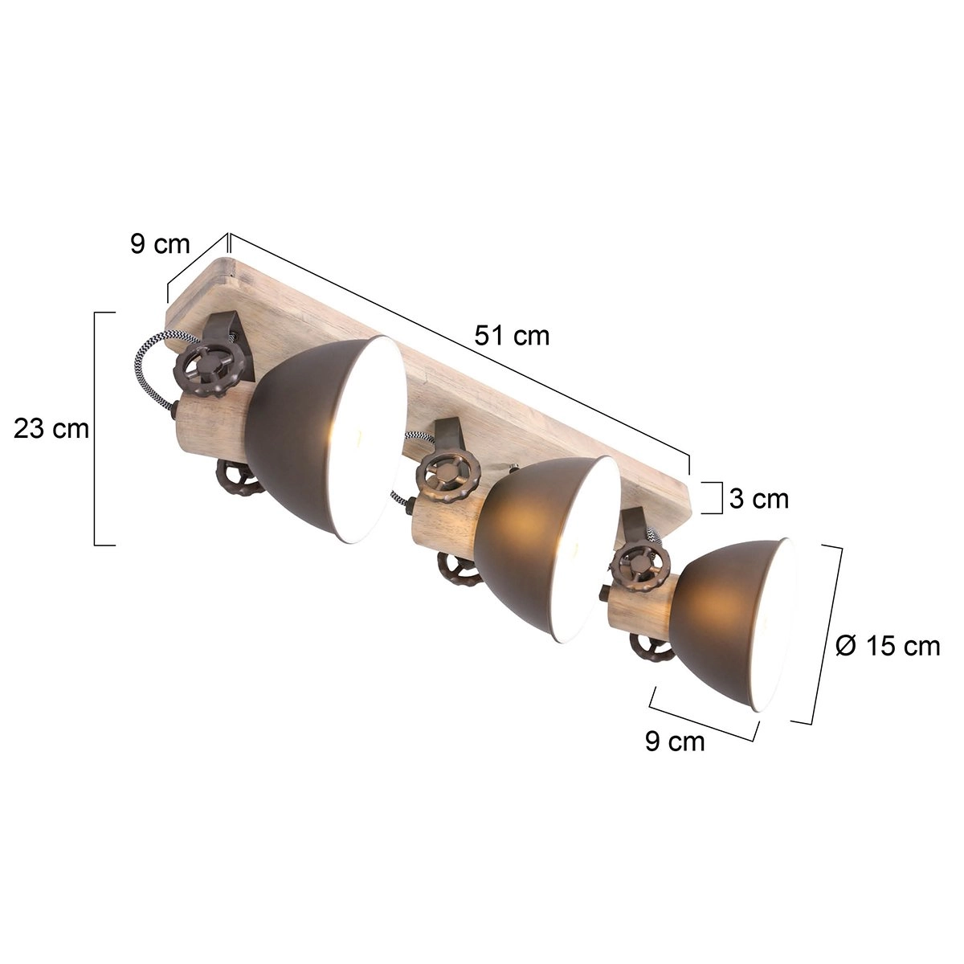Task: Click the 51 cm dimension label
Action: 512,335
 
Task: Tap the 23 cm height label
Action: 51,429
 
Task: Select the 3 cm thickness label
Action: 759,499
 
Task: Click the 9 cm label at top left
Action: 160,243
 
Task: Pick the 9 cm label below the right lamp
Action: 675,741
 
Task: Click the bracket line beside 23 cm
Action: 96,428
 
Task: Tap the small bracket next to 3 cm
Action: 714,497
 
